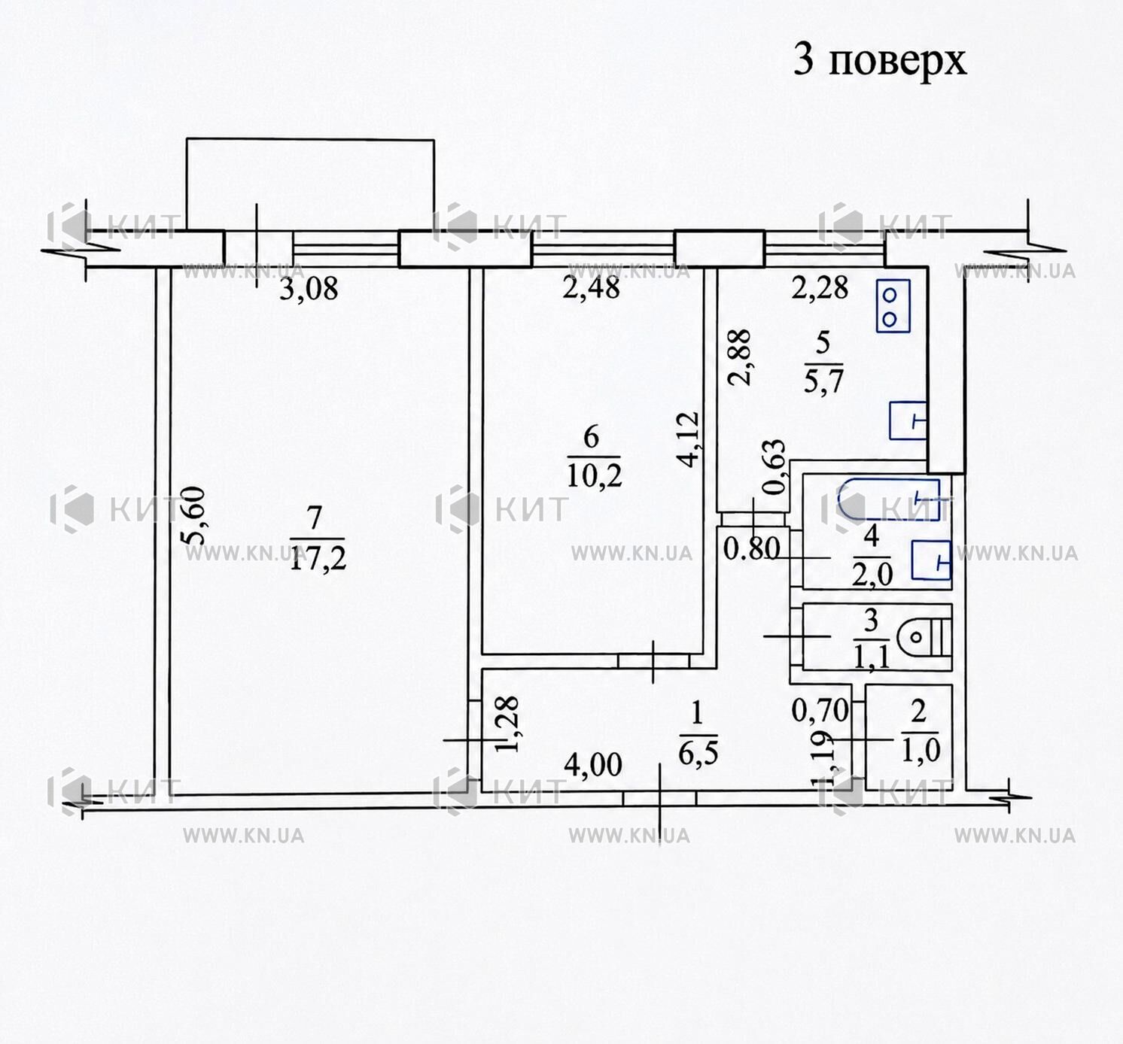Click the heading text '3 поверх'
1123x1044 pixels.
tap(880, 60)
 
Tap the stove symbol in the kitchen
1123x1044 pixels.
tap(893, 305)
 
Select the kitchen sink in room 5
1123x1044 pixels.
tap(908, 420)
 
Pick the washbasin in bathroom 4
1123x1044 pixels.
tap(931, 560)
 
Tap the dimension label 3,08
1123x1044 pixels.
tap(309, 289)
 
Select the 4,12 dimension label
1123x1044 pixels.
tap(690, 440)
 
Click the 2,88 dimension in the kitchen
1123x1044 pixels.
tap(738, 358)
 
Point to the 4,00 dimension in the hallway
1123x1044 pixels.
tap(592, 766)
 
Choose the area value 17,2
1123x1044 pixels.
tap(318, 560)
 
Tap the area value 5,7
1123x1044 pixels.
tap(823, 381)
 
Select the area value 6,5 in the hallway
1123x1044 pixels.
tap(698, 753)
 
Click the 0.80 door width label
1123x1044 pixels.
tap(751, 548)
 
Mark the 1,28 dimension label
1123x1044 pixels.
tap(507, 724)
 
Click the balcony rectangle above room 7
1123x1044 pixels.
tap(310, 185)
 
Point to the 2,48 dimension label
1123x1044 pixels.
tap(591, 288)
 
